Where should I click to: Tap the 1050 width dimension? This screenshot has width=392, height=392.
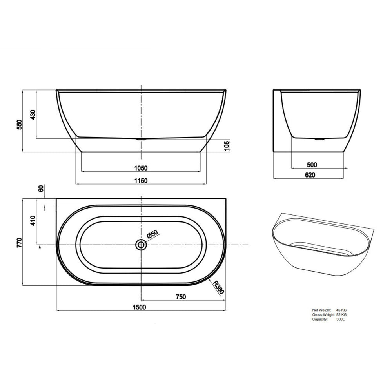click(x=140, y=168)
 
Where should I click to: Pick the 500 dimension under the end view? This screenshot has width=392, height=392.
click(x=312, y=165)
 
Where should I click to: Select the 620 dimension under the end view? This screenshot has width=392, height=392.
click(x=310, y=175)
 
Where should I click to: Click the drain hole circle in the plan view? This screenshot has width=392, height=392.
click(x=141, y=245)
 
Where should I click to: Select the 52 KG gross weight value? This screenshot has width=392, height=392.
click(x=341, y=315)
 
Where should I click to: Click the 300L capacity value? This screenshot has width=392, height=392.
click(x=341, y=319)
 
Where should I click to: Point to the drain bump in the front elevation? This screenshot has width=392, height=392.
click(x=141, y=139)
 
